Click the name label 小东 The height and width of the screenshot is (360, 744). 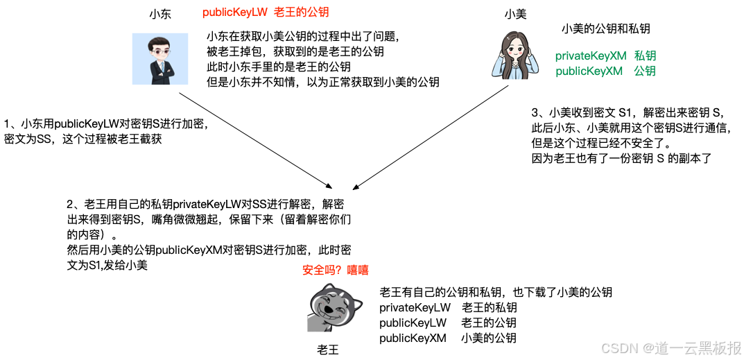(159, 14)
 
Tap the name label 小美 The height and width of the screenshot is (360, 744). (515, 14)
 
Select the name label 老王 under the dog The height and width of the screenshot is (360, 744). (328, 349)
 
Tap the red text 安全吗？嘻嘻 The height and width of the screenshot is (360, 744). (336, 271)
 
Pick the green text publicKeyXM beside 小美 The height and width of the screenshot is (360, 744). (589, 71)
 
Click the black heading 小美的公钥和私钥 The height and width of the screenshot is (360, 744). (605, 28)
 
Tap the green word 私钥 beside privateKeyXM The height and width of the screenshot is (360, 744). (645, 56)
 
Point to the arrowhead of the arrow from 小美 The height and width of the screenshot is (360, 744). (356, 187)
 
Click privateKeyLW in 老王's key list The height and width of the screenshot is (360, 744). (415, 307)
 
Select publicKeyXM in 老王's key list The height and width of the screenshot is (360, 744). (413, 338)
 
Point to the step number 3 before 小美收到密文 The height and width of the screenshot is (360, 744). (535, 112)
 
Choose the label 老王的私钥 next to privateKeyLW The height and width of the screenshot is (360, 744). (489, 307)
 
